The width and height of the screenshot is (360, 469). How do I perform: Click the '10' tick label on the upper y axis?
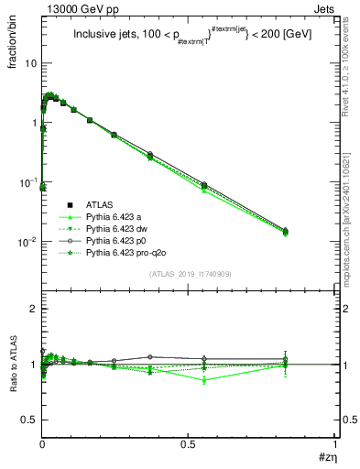coord(31,63)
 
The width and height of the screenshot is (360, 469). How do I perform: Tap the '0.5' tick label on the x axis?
coord(189,443)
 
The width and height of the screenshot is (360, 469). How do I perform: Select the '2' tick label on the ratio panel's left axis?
coord(34,309)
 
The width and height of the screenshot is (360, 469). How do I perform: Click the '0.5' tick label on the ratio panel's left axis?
coord(29,420)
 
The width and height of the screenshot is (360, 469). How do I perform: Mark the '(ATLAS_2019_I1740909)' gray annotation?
coord(189,274)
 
